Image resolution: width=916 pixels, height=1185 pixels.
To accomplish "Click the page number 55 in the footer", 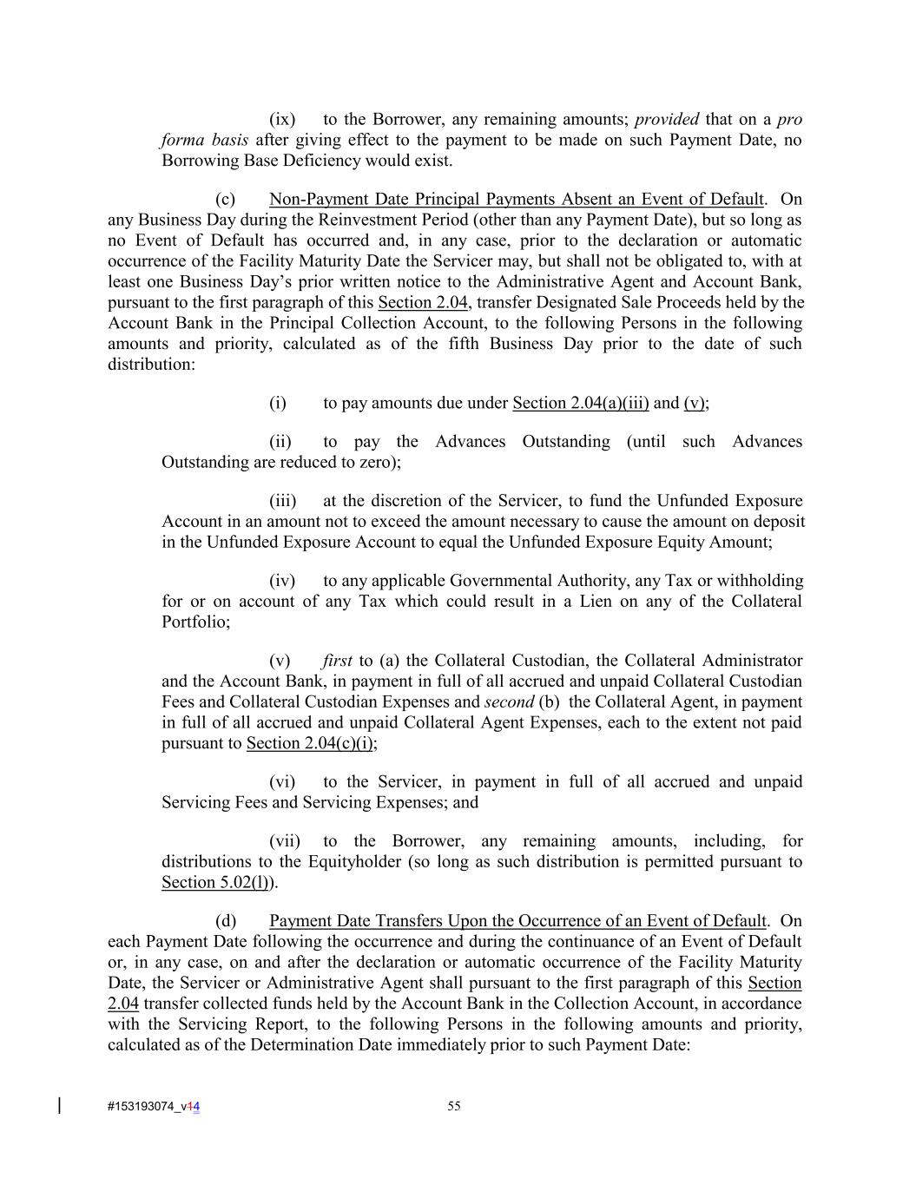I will tap(454, 1106).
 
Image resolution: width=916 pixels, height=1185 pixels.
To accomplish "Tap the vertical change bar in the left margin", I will tap(59, 1105).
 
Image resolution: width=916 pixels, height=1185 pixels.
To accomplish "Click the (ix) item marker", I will tap(282, 120).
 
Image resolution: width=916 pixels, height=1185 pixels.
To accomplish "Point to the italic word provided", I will tap(667, 120).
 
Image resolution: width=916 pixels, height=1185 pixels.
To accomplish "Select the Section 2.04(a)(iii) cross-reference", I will tap(581, 403).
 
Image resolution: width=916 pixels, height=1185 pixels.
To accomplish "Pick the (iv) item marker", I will tap(282, 581).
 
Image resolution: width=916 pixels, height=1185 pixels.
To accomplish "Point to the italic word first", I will tap(337, 662).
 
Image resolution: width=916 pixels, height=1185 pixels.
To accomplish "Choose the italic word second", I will tap(509, 702).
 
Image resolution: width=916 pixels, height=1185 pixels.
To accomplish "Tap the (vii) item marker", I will tap(285, 841).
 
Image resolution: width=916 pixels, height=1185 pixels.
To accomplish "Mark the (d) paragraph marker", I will tap(226, 921).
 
